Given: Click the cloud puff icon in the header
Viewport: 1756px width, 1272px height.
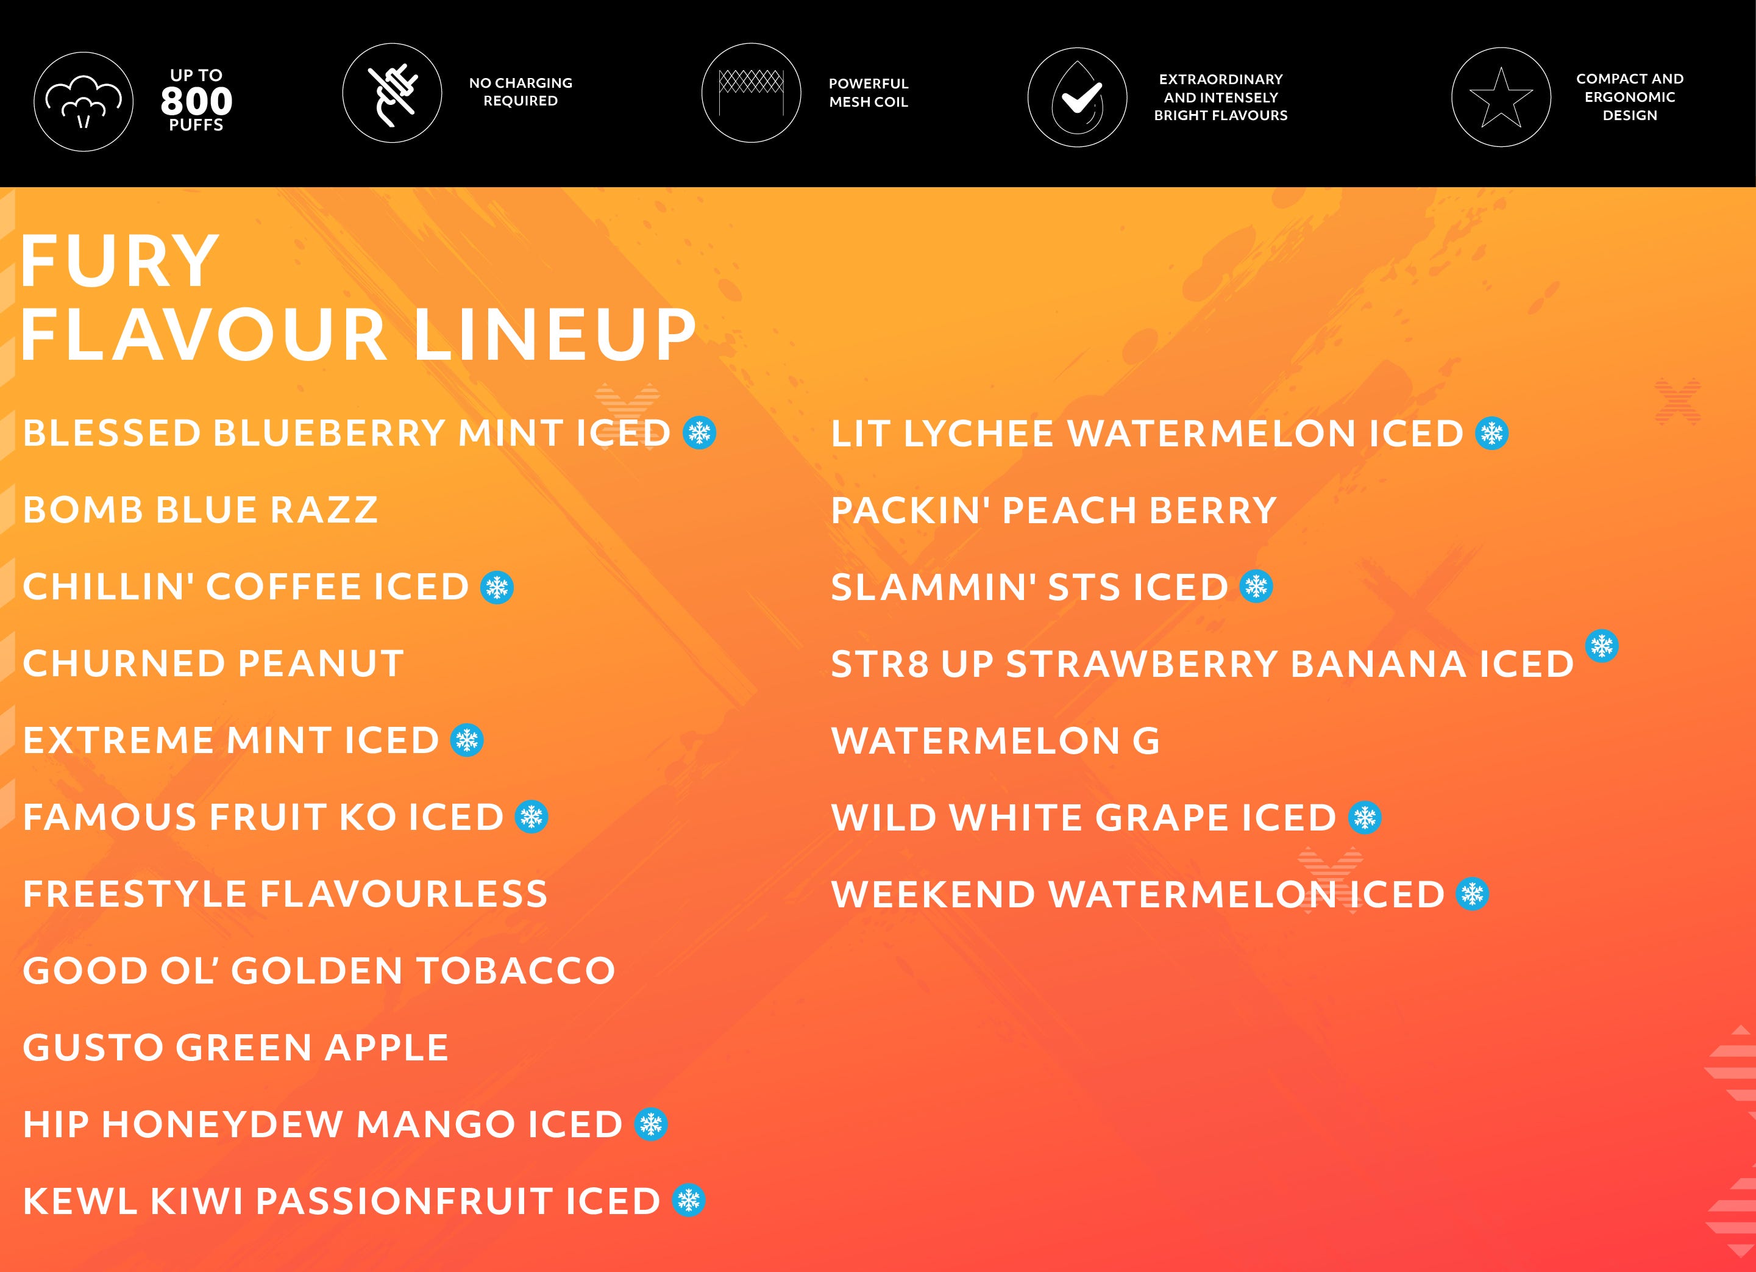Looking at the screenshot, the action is coord(84,101).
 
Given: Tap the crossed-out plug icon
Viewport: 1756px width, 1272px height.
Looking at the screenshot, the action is coord(393,93).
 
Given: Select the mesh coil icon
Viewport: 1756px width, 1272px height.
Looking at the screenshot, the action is coord(751,93).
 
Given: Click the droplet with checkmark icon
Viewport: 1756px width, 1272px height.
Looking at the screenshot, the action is coord(1077,98).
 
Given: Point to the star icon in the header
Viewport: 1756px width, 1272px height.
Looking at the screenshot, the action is coord(1501,98).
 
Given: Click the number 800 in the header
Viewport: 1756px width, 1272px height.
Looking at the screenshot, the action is coord(197,101).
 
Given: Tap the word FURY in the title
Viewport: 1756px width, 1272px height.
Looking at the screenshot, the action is coord(120,261).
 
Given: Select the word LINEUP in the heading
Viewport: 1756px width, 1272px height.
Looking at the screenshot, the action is coord(555,335).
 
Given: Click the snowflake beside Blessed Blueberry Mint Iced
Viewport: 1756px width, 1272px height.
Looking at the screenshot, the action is coord(700,432).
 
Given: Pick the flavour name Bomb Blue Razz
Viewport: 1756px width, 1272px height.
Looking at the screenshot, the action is coord(201,510).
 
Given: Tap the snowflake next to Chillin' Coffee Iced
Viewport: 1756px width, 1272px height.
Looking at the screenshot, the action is coord(497,587).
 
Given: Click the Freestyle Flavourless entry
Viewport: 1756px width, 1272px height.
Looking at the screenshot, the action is coord(285,894).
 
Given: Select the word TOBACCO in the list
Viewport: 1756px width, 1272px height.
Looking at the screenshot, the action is coord(516,971).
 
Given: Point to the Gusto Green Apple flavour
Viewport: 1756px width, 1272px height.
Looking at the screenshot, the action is coord(235,1048).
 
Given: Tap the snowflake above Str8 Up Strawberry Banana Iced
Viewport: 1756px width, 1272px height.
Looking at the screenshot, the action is coord(1602,646).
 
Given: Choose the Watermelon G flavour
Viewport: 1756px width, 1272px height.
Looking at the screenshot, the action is coord(996,741).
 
